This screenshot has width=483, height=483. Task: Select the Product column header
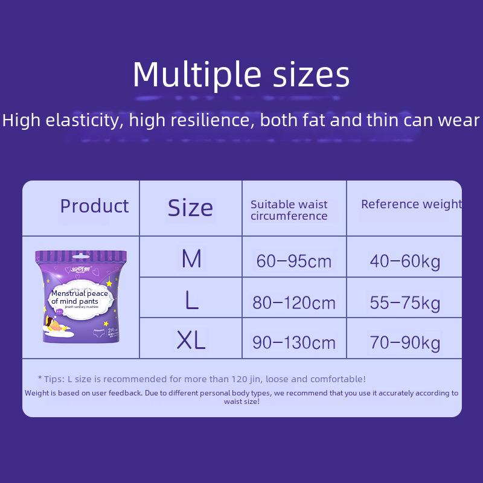[94, 206]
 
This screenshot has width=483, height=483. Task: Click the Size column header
[190, 208]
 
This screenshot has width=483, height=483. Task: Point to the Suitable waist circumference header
[289, 210]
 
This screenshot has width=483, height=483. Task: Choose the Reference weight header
[411, 205]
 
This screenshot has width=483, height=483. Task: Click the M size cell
[191, 259]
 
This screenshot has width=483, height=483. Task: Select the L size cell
[191, 299]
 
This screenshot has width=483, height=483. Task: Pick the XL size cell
[191, 341]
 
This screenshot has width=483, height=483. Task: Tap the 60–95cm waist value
[294, 261]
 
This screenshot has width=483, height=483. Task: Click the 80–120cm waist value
[294, 302]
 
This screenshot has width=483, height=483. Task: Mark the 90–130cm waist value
[294, 343]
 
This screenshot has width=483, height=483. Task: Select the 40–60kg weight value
[405, 261]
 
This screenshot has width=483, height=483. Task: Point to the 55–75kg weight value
[405, 302]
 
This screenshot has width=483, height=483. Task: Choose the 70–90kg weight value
[405, 343]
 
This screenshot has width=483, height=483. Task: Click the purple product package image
[81, 296]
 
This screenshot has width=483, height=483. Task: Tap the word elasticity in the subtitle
[82, 120]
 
